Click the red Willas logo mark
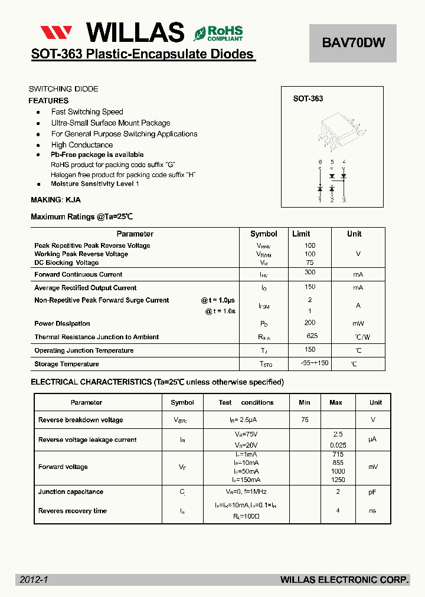pyautogui.click(x=56, y=32)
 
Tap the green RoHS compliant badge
pyautogui.click(x=218, y=33)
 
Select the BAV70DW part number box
pyautogui.click(x=353, y=42)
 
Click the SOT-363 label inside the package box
pyautogui.click(x=308, y=99)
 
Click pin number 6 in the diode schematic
pyautogui.click(x=320, y=162)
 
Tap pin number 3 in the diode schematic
pyautogui.click(x=344, y=201)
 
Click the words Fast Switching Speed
pyautogui.click(x=87, y=112)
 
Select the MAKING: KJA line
pyautogui.click(x=55, y=200)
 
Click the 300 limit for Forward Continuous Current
pyautogui.click(x=310, y=273)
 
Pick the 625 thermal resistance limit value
pyautogui.click(x=312, y=336)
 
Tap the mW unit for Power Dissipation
pyautogui.click(x=358, y=323)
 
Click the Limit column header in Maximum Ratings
pyautogui.click(x=301, y=234)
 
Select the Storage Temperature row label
pyautogui.click(x=67, y=365)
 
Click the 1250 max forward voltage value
pyautogui.click(x=338, y=480)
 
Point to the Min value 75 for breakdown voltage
pyautogui.click(x=305, y=420)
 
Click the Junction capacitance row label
pyautogui.click(x=71, y=492)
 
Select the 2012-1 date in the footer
pyautogui.click(x=33, y=580)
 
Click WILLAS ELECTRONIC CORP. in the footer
pyautogui.click(x=344, y=580)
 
